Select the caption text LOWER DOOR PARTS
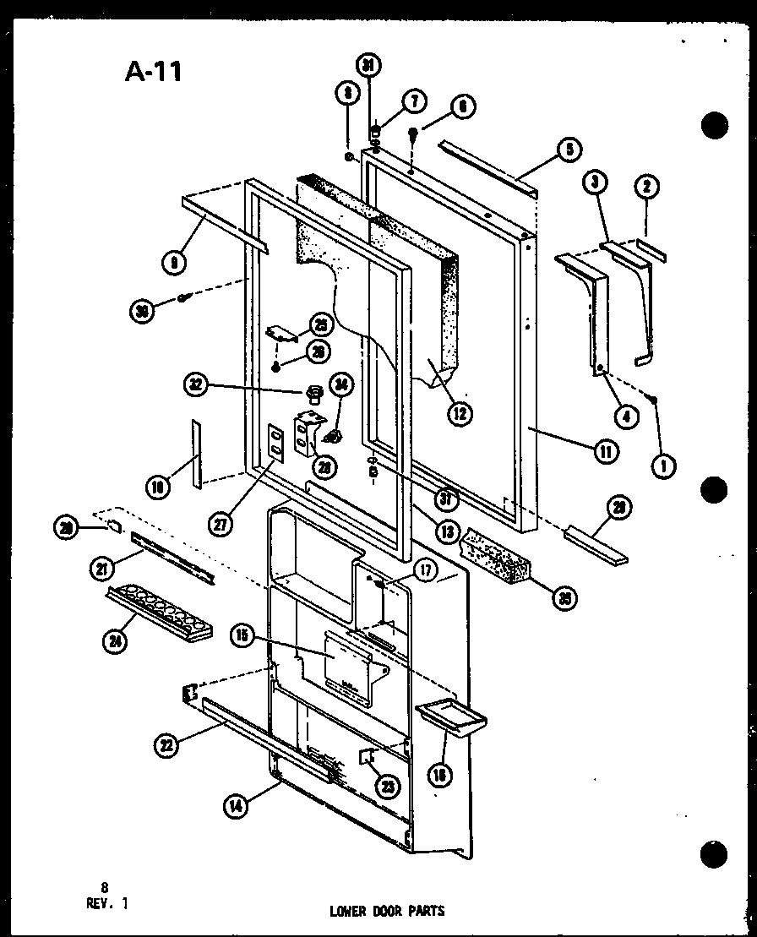(386, 911)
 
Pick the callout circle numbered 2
(650, 187)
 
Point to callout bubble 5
(568, 150)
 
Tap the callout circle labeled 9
(174, 262)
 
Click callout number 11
(605, 451)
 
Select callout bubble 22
(167, 744)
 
